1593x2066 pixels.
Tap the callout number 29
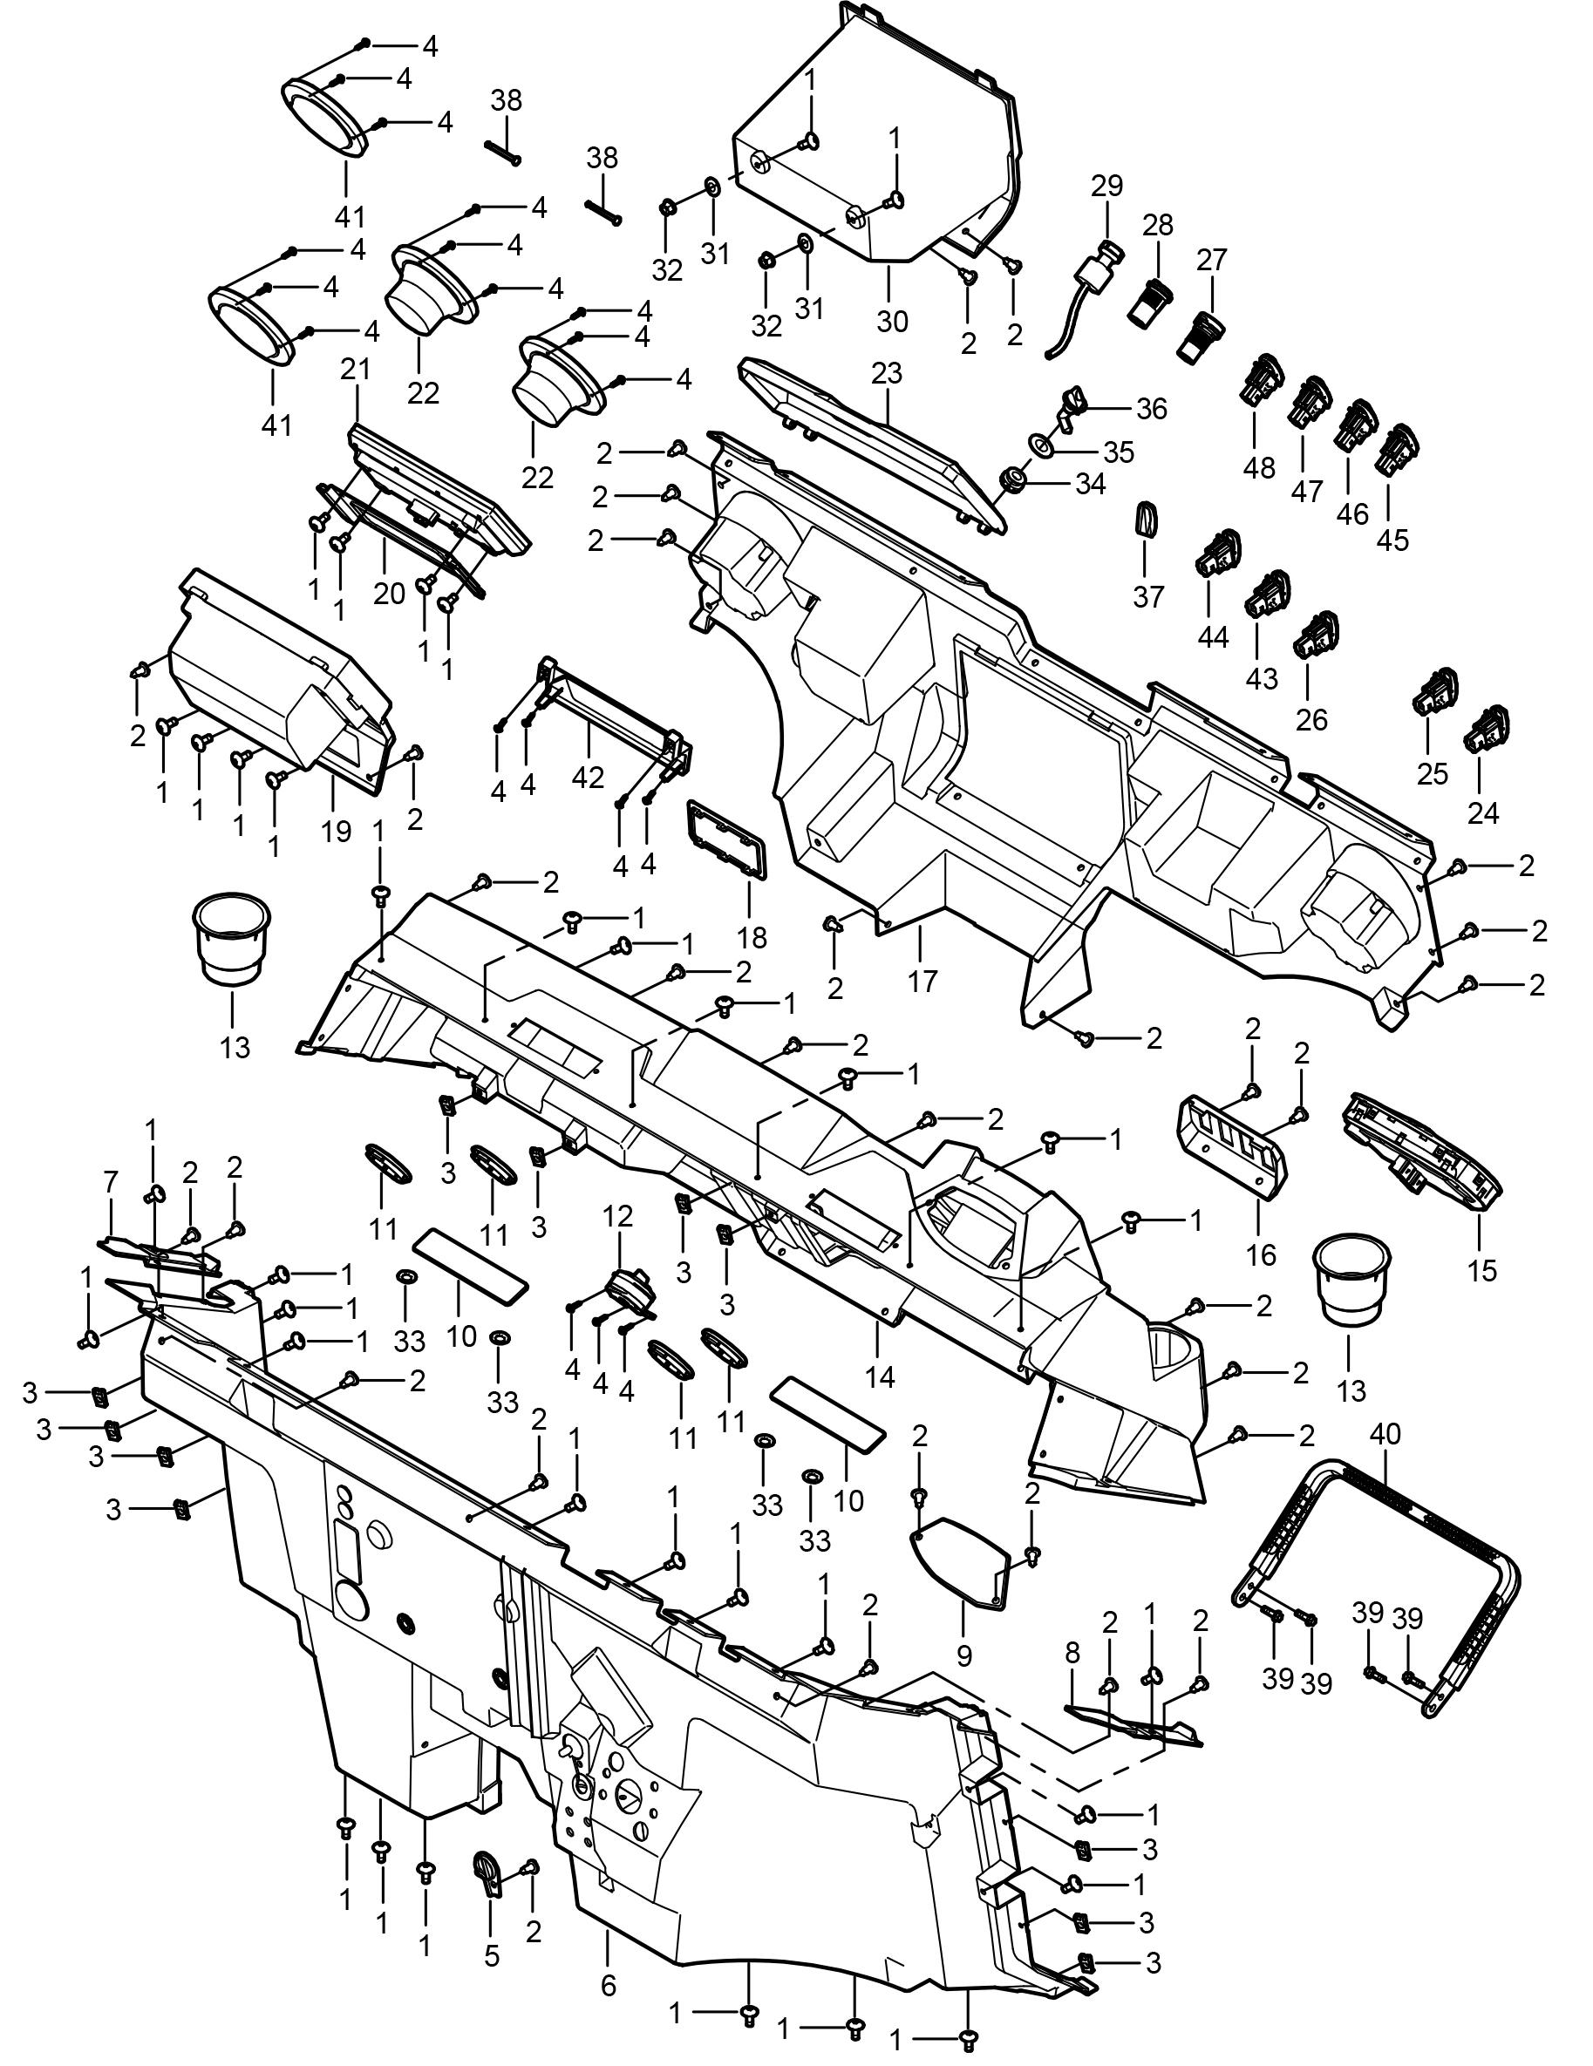[1106, 186]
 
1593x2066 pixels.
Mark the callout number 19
[336, 831]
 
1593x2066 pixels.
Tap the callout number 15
[1483, 1268]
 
